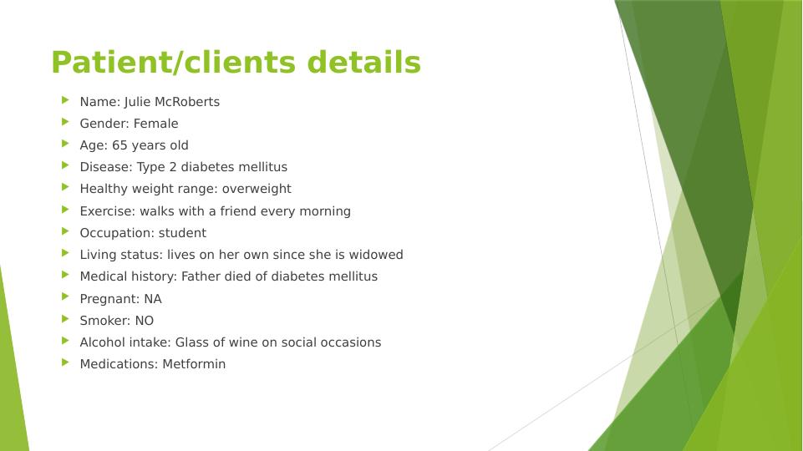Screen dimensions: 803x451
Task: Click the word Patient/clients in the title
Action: pos(174,63)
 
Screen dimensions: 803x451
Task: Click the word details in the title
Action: pos(364,62)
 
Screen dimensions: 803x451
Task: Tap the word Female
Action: pos(155,124)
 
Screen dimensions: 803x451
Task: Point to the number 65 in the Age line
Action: pos(119,145)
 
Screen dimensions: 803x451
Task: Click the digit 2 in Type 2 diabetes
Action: pos(173,167)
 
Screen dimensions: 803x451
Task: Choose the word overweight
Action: pos(257,189)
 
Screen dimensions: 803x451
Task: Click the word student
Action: pos(182,233)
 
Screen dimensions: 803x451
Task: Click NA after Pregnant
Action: pos(153,299)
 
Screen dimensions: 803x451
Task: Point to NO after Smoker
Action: pos(145,321)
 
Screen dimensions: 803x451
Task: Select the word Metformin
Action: pos(194,364)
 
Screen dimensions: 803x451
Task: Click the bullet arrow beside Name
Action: pos(65,100)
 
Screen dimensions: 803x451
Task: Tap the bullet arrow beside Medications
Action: pos(65,362)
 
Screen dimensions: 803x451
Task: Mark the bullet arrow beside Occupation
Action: pos(65,231)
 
